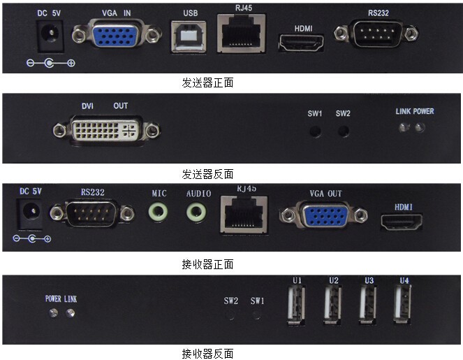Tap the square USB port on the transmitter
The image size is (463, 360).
click(x=189, y=36)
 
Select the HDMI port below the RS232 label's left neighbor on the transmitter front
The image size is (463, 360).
click(x=301, y=43)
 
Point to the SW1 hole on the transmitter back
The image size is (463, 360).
click(x=315, y=131)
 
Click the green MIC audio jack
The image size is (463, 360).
click(x=159, y=212)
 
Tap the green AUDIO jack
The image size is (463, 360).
click(x=196, y=212)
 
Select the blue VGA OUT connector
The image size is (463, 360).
click(x=324, y=215)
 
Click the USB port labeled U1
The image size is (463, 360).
click(x=297, y=305)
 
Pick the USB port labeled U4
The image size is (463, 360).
click(x=403, y=305)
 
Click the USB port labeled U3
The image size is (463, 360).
click(x=367, y=305)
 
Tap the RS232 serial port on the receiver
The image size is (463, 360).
click(x=92, y=213)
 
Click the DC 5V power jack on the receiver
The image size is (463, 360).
click(x=31, y=214)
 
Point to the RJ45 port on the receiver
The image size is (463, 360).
click(x=244, y=215)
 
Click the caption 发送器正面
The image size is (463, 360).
click(x=207, y=83)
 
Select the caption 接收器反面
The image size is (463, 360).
click(x=207, y=354)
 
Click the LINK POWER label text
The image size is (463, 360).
click(x=415, y=111)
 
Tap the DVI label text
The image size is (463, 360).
click(x=87, y=106)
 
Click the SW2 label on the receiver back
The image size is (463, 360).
click(x=230, y=301)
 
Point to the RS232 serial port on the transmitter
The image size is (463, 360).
click(x=376, y=34)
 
